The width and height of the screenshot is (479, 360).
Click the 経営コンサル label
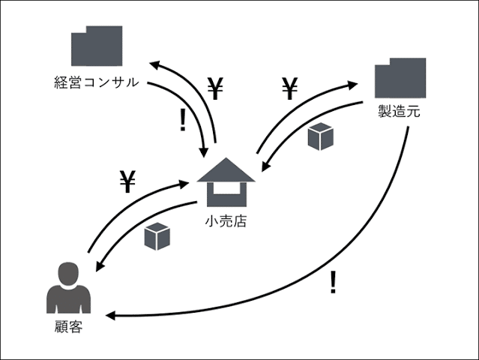pos(96,82)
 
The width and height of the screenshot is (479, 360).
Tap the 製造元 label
pos(399,113)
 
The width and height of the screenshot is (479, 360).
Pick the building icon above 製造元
pos(400,79)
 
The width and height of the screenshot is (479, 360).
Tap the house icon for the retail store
pos(226,183)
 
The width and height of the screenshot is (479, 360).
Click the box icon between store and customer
pos(157,236)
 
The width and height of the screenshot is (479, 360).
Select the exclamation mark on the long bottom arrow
pos(333,283)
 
